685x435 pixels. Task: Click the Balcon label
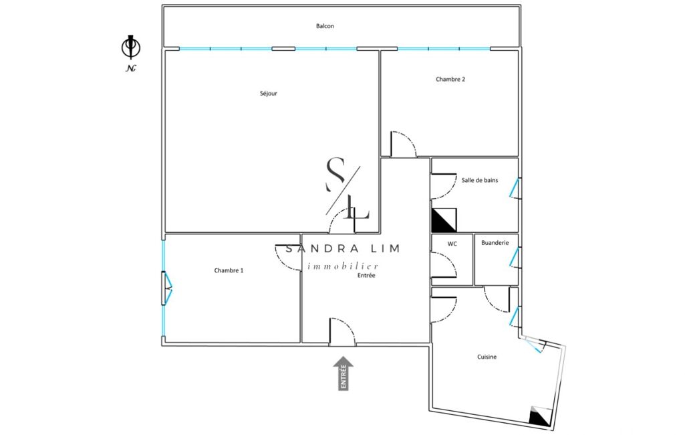tap(325, 26)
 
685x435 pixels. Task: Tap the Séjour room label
tap(269, 94)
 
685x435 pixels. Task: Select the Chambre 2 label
tap(450, 79)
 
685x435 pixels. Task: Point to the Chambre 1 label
tap(229, 270)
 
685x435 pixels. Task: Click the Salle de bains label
tap(480, 180)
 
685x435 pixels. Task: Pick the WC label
tap(452, 244)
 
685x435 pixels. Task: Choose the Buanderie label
tap(495, 243)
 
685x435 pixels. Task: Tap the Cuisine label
tap(487, 357)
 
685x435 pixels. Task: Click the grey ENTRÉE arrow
tap(344, 373)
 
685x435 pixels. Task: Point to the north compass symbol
tap(130, 47)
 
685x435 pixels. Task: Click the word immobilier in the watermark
tap(343, 266)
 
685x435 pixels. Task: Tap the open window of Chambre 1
tap(168, 288)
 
